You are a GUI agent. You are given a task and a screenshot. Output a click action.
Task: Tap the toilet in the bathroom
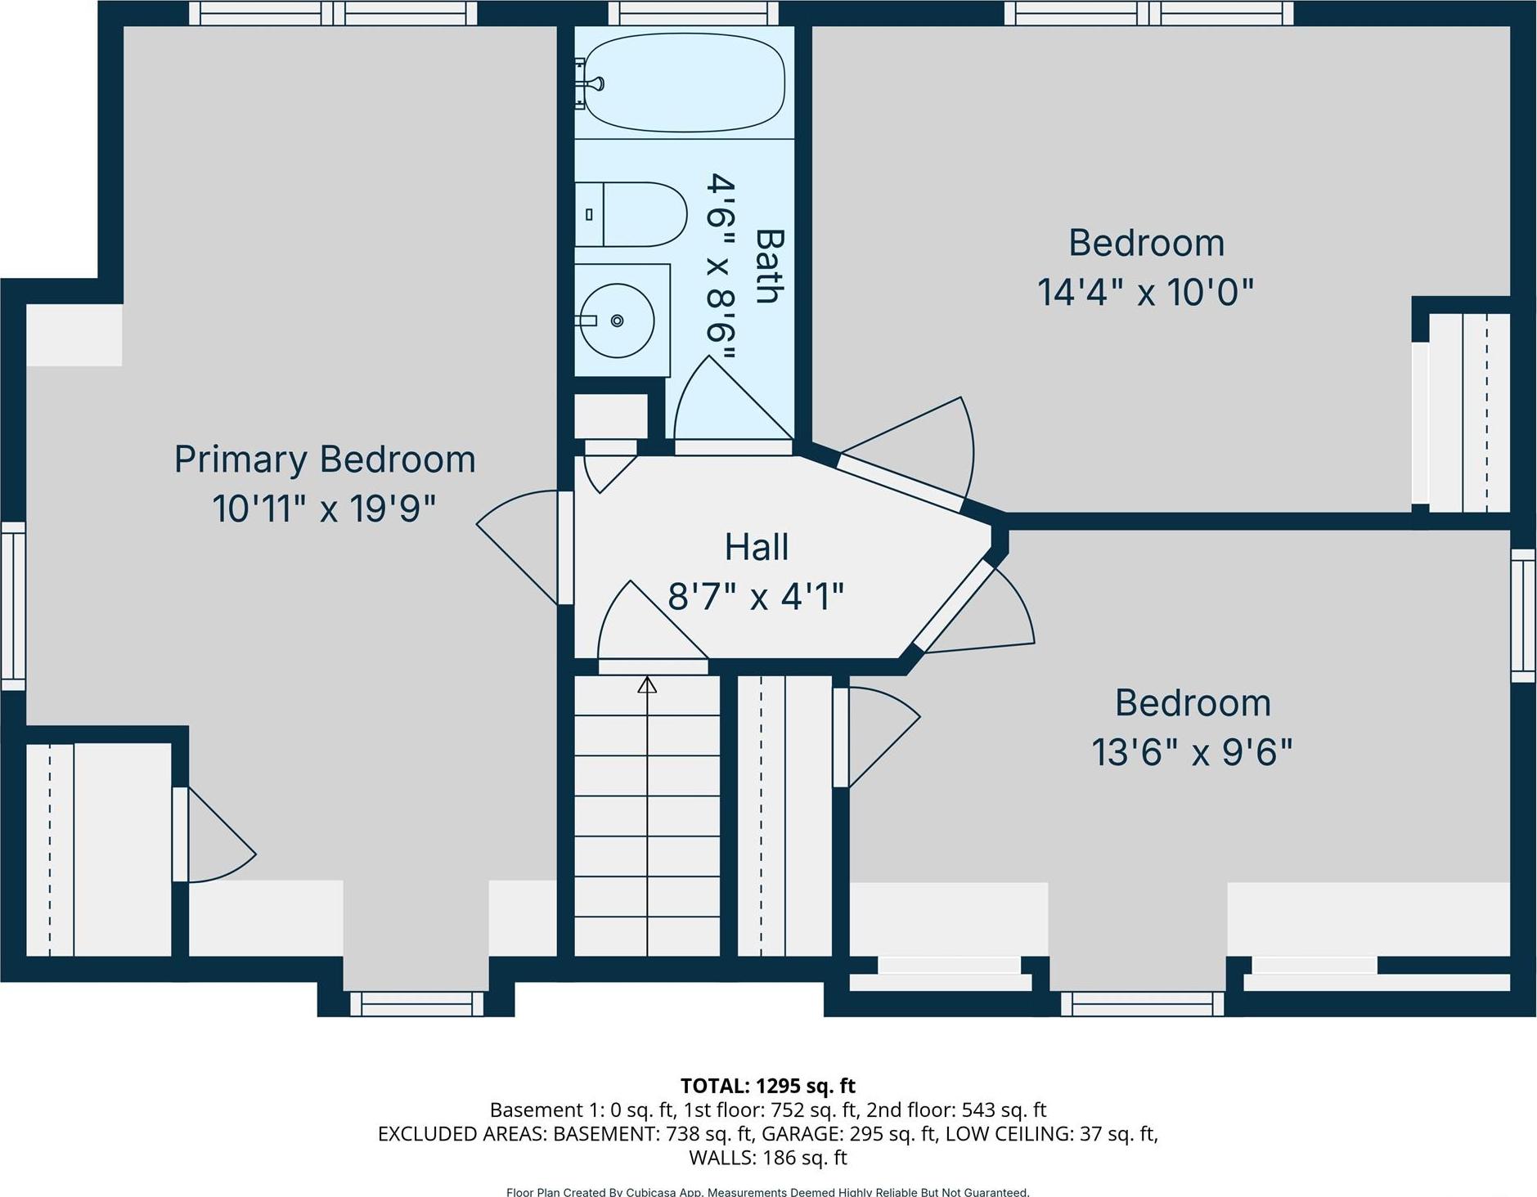(631, 214)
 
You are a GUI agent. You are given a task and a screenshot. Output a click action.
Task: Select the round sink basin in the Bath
(617, 321)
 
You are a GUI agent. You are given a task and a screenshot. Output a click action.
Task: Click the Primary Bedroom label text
(325, 459)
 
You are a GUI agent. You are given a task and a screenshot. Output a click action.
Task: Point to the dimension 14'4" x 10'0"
(1145, 292)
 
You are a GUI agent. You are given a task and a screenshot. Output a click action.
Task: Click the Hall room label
(757, 547)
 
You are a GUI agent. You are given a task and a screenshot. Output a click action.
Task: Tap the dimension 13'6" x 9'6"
(1192, 751)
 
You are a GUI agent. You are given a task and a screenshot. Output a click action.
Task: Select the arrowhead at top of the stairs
(647, 684)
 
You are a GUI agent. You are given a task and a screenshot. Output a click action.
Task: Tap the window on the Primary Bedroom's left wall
(13, 605)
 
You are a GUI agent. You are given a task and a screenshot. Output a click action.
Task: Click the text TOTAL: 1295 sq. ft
(767, 1086)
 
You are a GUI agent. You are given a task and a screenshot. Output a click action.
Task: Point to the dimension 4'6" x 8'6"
(721, 267)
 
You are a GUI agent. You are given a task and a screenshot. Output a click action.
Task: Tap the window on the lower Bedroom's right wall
(1522, 615)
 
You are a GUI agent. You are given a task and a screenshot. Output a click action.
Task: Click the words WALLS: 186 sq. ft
(767, 1157)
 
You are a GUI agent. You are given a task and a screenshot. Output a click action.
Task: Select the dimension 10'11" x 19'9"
(325, 509)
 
